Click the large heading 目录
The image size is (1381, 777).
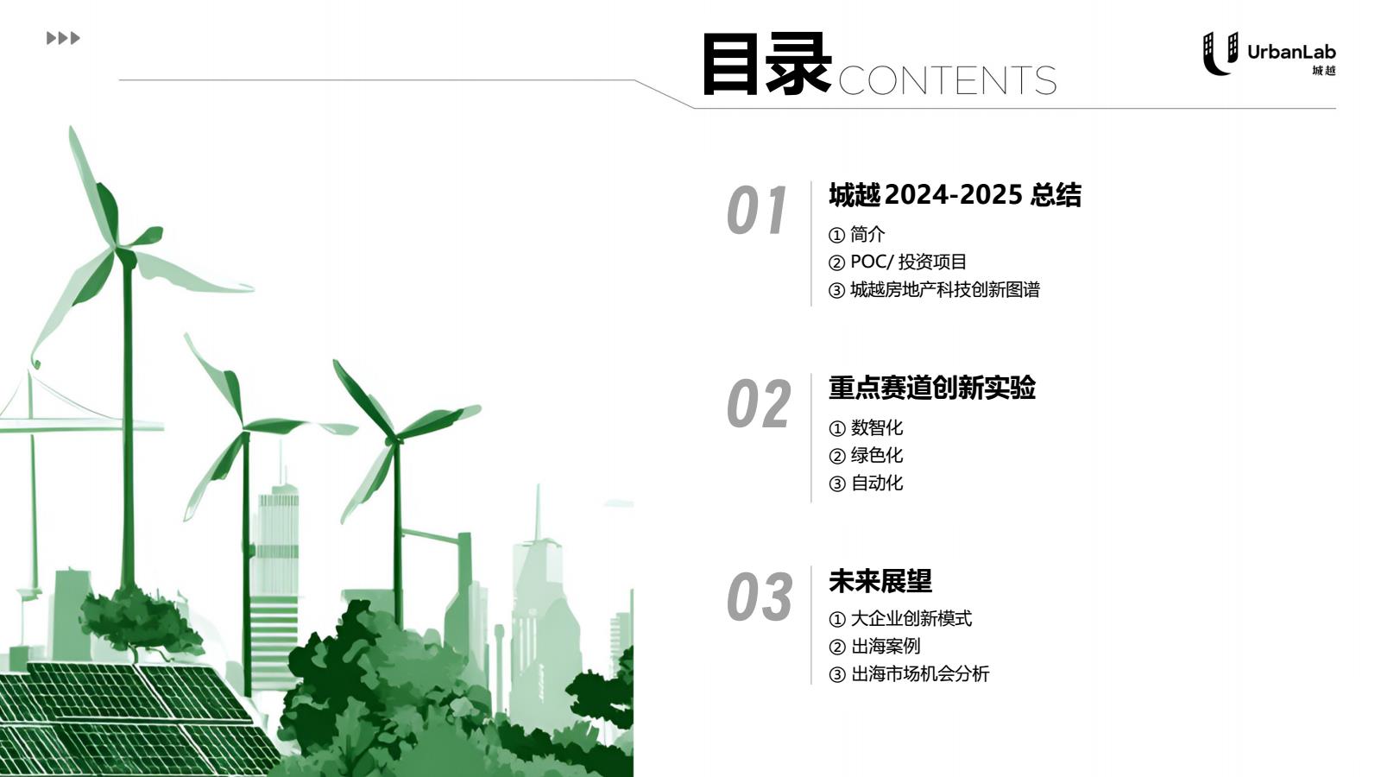767,64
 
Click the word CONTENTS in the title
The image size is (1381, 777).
947,81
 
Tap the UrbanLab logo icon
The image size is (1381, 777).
1220,54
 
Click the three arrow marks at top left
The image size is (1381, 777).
64,38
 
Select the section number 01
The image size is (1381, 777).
757,211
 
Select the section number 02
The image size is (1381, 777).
759,404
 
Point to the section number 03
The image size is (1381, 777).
760,597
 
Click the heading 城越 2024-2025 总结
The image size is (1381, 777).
955,195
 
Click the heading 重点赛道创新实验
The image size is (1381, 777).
932,388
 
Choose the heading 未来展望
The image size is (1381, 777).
880,581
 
